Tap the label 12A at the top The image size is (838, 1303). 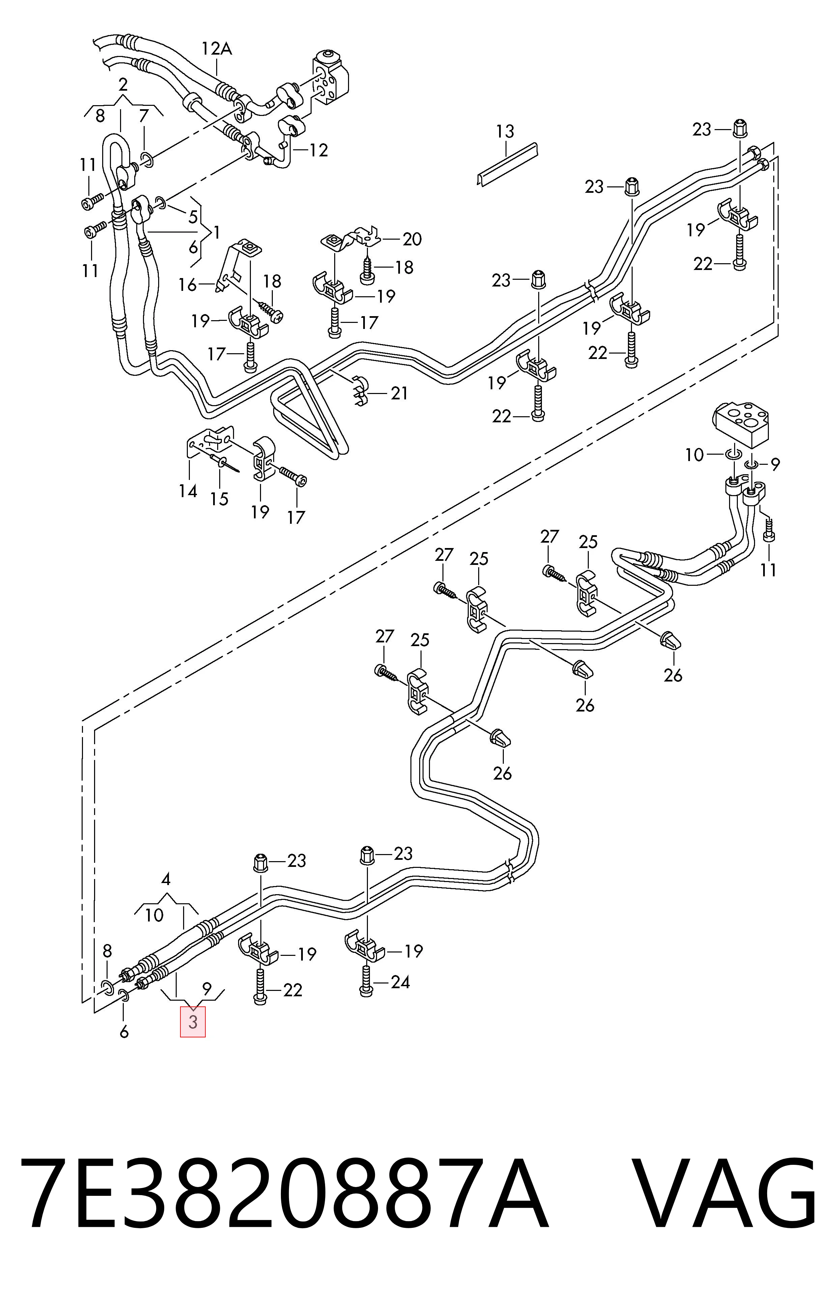point(216,49)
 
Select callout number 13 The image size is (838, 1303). point(505,131)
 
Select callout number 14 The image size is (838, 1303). point(188,491)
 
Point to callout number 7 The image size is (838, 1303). point(144,116)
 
